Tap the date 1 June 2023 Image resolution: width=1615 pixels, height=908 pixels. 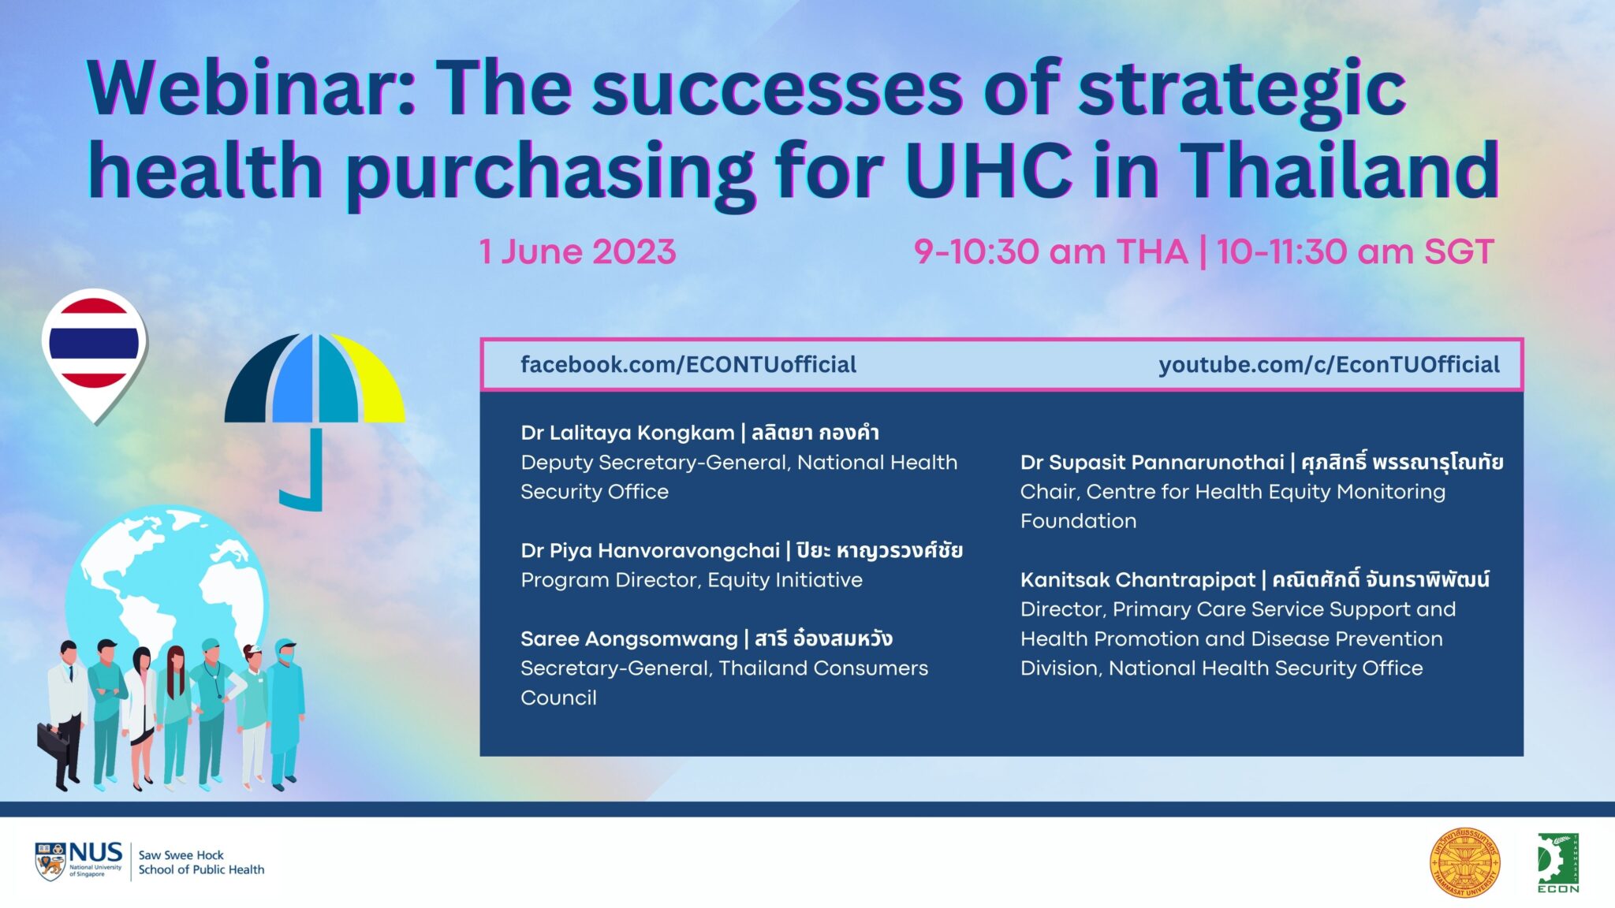(578, 252)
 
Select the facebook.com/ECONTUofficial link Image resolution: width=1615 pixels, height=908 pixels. (688, 364)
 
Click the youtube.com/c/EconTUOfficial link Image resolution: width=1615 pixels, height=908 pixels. (1329, 364)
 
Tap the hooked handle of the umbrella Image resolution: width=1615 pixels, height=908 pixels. (304, 473)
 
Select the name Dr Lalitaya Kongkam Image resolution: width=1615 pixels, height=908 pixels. (628, 433)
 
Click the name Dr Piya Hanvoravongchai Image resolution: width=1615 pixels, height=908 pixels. (651, 550)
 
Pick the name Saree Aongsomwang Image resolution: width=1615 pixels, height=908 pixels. (629, 639)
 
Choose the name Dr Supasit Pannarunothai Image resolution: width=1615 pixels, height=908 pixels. (1152, 462)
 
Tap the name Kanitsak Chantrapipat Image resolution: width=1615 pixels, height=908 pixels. (1138, 580)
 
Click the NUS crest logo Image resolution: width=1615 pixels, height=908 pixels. (50, 861)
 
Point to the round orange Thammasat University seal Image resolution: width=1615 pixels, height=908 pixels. (1465, 862)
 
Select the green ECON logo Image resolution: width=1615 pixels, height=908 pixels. (1558, 863)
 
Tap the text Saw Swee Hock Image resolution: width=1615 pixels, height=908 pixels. (181, 855)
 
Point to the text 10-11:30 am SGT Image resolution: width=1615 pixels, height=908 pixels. (1355, 252)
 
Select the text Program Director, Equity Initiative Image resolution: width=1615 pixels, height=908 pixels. (692, 580)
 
